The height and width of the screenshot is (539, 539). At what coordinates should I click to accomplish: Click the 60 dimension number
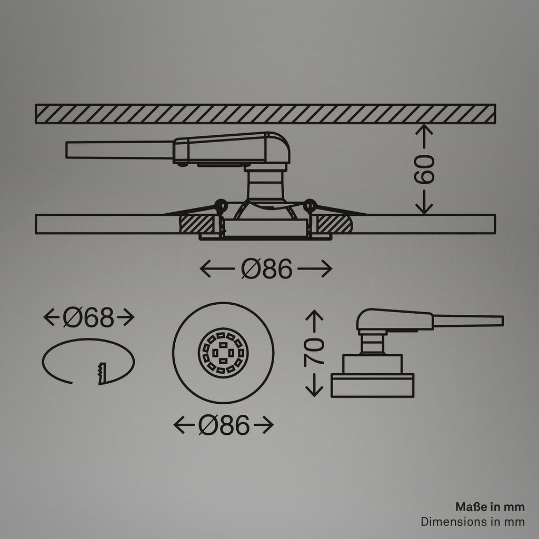424,169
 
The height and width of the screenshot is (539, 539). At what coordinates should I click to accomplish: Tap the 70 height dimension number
314,351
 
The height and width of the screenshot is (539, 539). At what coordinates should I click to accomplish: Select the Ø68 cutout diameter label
88,317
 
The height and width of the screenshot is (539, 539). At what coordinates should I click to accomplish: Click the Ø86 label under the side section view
266,268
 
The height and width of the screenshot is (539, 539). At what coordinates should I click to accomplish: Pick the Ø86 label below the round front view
224,425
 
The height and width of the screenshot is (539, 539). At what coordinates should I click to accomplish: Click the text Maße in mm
490,507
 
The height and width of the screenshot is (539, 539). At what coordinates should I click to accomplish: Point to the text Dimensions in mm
473,522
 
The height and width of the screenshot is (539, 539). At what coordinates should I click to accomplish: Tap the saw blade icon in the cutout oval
102,373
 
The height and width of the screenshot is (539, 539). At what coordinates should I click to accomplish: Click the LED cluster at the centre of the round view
223,353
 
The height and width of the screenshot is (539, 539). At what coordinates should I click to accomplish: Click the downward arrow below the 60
424,202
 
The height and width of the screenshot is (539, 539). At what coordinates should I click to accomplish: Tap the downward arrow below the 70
314,385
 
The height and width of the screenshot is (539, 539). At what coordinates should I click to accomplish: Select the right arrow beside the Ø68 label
126,317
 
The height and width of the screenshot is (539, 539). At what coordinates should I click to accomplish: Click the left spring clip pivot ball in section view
221,205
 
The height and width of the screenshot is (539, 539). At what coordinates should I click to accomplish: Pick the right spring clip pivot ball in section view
310,205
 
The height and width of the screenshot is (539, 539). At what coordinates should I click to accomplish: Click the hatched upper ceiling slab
265,114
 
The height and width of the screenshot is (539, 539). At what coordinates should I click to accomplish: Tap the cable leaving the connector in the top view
119,149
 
